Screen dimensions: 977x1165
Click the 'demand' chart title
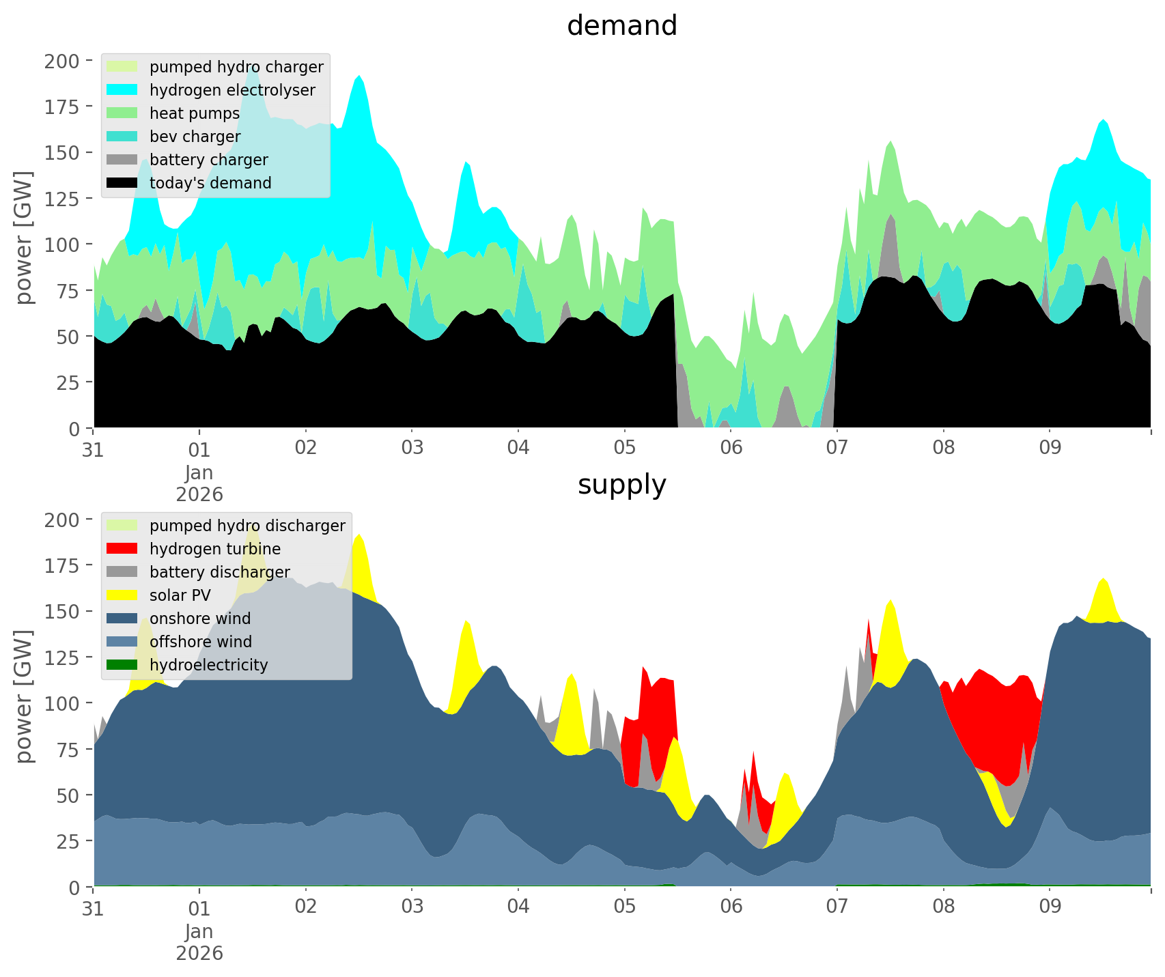pyautogui.click(x=621, y=26)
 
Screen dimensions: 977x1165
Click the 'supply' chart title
pyautogui.click(x=621, y=485)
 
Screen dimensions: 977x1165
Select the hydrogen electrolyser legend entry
pyautogui.click(x=232, y=90)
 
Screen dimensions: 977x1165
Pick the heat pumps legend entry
pyautogui.click(x=195, y=113)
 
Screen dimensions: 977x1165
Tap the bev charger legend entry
pyautogui.click(x=195, y=137)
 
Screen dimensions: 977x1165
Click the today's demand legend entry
pyautogui.click(x=210, y=183)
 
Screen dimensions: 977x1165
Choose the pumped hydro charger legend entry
pyautogui.click(x=236, y=67)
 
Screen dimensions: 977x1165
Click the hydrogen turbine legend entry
pyautogui.click(x=215, y=549)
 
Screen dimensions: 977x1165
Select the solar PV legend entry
pyautogui.click(x=180, y=595)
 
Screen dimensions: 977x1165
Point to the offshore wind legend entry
pyautogui.click(x=201, y=642)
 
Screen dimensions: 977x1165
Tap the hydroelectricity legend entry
pyautogui.click(x=208, y=665)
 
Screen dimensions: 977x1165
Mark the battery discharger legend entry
pyautogui.click(x=220, y=572)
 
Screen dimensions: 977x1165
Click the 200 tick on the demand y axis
pyautogui.click(x=61, y=61)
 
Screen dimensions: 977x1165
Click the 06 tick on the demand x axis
pyautogui.click(x=731, y=449)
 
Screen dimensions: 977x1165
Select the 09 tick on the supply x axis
pyautogui.click(x=1050, y=907)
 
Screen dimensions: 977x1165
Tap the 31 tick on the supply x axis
pyautogui.click(x=94, y=907)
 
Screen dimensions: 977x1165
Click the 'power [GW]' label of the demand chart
pyautogui.click(x=24, y=238)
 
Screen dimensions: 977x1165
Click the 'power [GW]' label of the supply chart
pyautogui.click(x=24, y=696)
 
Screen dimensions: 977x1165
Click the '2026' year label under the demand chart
pyautogui.click(x=199, y=494)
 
